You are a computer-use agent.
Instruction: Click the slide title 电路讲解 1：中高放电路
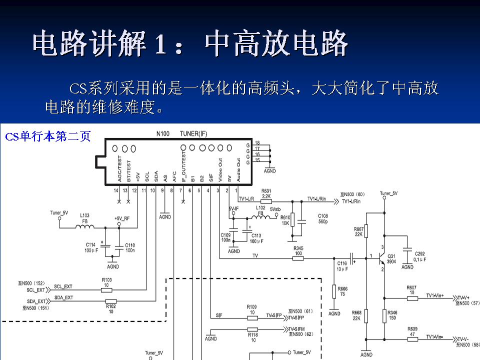point(190,44)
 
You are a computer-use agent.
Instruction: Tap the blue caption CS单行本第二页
point(48,136)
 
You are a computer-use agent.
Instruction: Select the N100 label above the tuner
point(163,134)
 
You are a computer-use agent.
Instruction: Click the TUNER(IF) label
point(193,134)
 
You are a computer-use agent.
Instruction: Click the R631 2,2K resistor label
point(266,193)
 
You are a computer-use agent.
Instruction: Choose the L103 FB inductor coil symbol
point(85,227)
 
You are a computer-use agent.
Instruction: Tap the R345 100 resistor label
point(298,251)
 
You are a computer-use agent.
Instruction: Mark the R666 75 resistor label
point(342,291)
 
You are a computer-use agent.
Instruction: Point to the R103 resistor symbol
point(106,289)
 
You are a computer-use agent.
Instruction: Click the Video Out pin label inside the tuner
point(220,169)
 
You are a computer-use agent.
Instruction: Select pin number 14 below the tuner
point(116,190)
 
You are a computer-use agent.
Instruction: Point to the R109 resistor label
point(251,309)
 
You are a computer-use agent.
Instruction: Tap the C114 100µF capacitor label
point(90,247)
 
